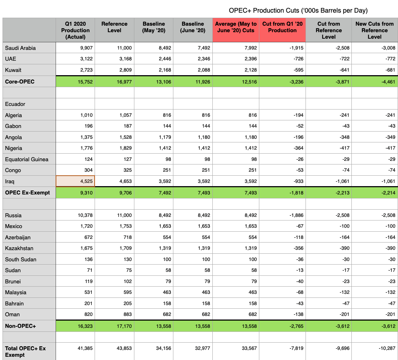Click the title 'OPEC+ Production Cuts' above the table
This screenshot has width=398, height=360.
click(298, 10)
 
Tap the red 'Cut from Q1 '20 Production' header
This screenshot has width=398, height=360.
click(282, 27)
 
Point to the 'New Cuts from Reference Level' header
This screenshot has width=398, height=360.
click(374, 30)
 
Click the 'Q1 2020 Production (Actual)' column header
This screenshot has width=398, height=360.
click(75, 30)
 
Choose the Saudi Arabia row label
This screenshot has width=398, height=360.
click(20, 48)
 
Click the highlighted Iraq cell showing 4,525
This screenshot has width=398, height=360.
click(75, 181)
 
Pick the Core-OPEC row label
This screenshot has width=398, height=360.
click(20, 82)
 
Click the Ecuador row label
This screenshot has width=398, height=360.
click(15, 104)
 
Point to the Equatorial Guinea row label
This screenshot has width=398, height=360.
click(27, 159)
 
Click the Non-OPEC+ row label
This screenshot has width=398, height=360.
click(20, 326)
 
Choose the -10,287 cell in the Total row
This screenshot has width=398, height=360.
click(386, 348)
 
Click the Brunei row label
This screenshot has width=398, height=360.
click(13, 282)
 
